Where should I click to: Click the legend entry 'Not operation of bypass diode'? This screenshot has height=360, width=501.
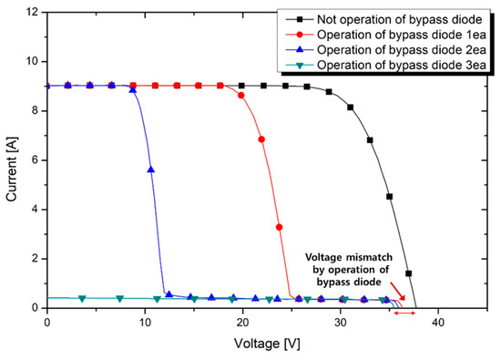tap(393, 19)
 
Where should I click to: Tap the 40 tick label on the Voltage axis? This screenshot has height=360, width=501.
tap(438, 322)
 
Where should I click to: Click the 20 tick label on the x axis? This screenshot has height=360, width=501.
tap(242, 322)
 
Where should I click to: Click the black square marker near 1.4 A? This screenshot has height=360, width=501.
tap(409, 273)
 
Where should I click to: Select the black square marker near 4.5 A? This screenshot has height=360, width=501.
tap(390, 196)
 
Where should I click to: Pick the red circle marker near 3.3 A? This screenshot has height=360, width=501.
tap(280, 227)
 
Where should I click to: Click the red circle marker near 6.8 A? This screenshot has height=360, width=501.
tap(261, 139)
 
